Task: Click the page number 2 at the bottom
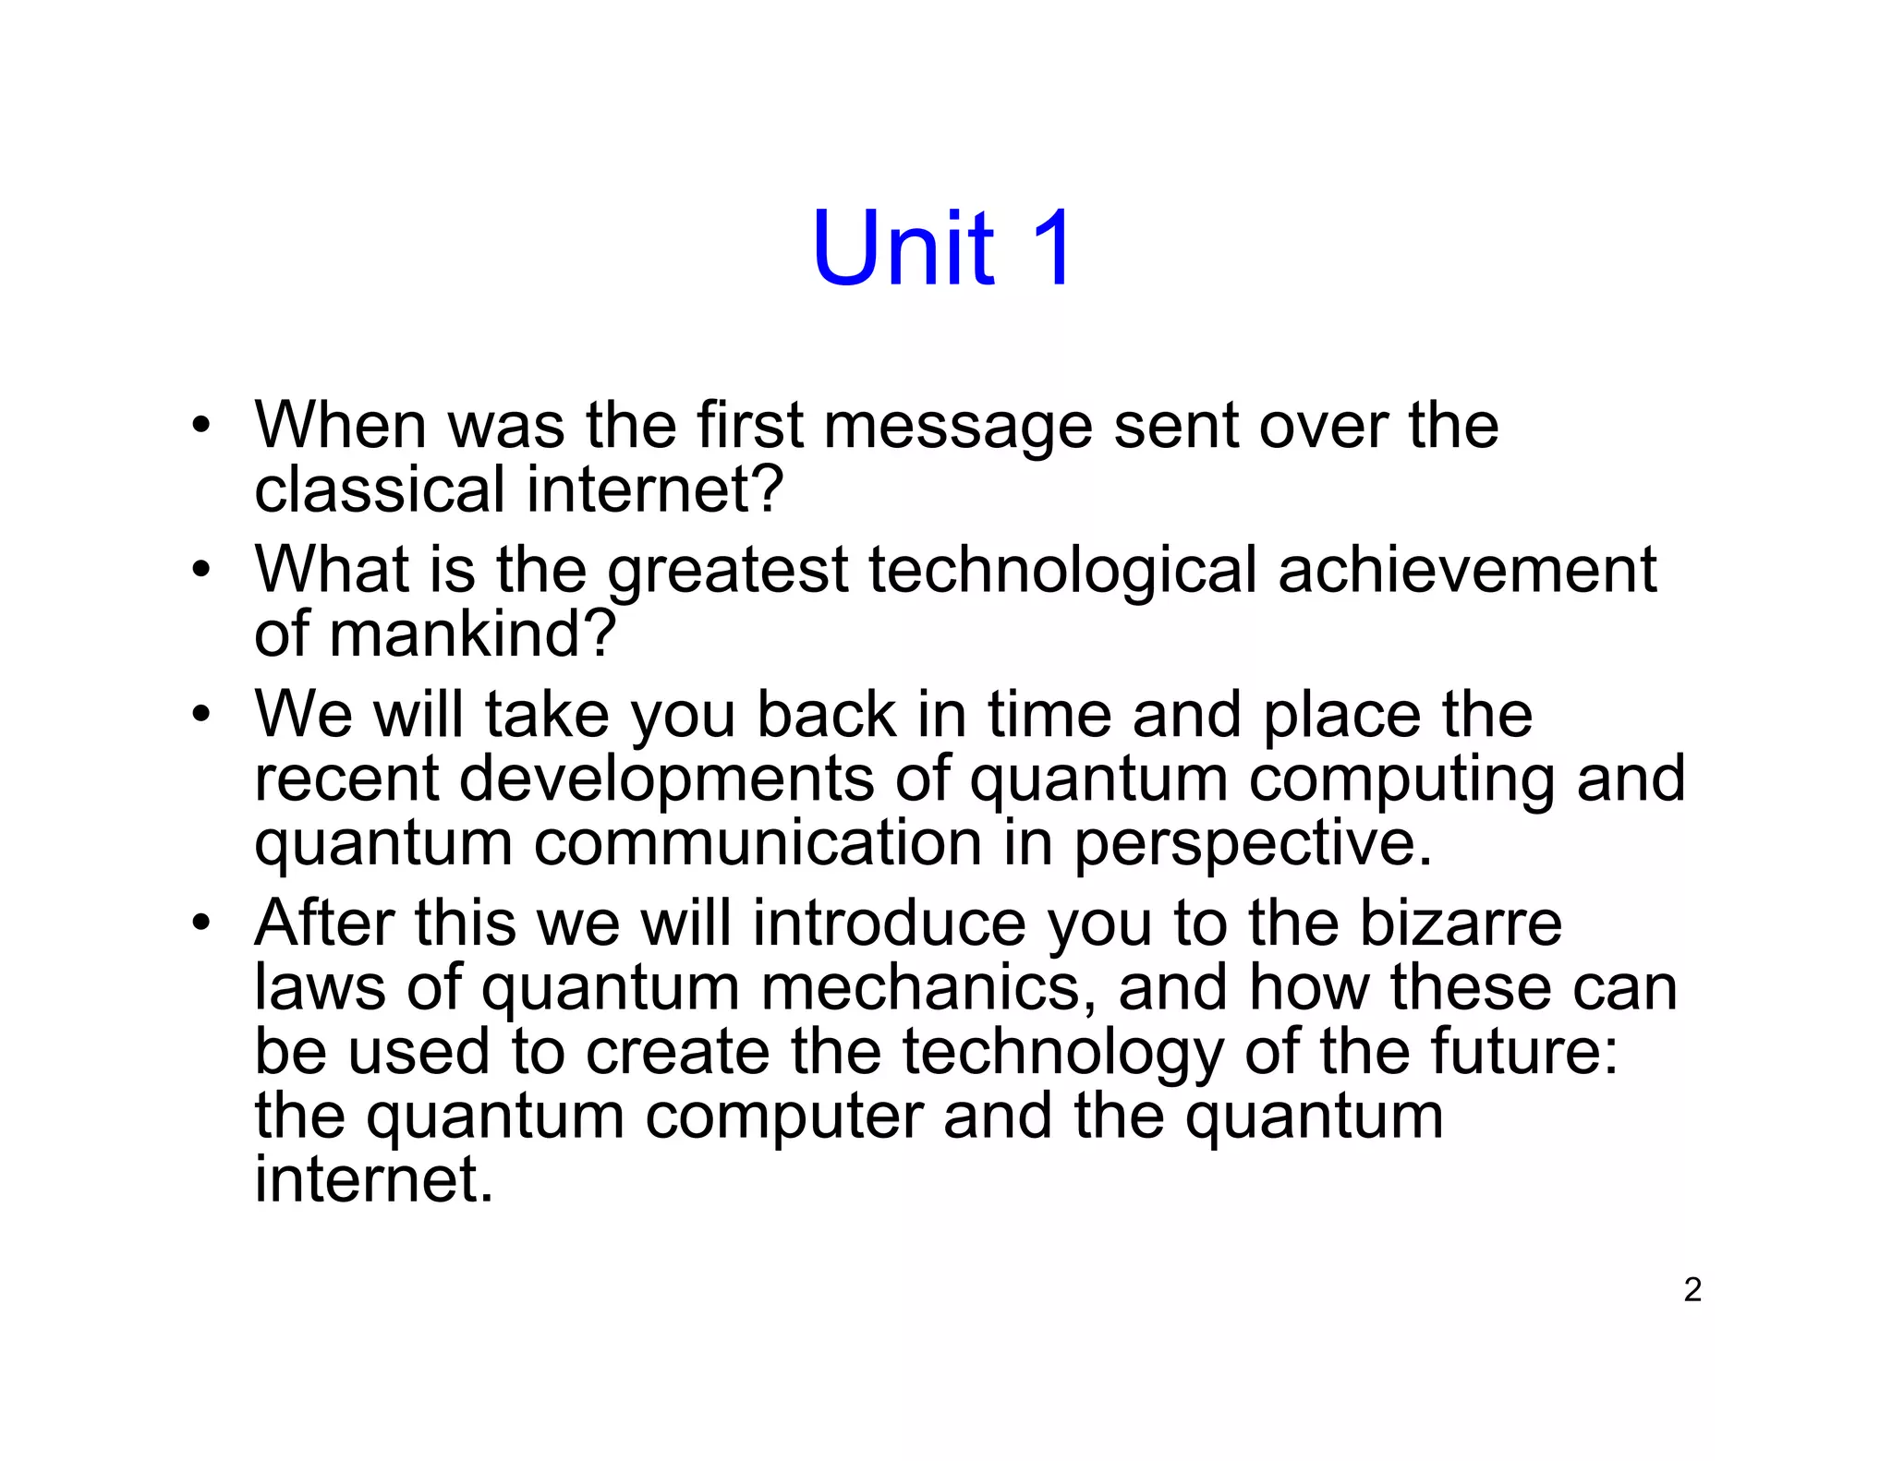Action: pos(1692,1289)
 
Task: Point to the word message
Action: pos(958,427)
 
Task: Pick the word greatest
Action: pos(728,571)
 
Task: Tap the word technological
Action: pos(1062,571)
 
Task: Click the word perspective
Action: pos(1253,844)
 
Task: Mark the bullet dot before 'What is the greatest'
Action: pos(200,570)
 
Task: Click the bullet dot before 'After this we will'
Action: pos(200,923)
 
